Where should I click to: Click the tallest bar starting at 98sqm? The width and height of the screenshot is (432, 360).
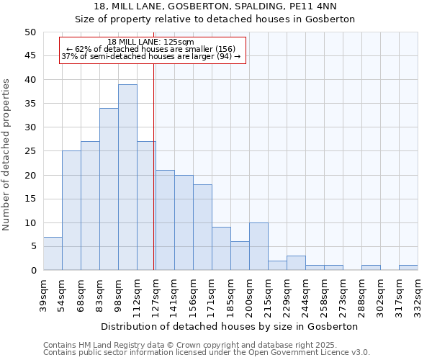pyautogui.click(x=127, y=177)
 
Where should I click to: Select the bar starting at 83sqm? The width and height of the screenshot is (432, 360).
pyautogui.click(x=109, y=189)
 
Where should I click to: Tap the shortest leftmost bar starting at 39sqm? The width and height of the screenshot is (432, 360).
pyautogui.click(x=53, y=253)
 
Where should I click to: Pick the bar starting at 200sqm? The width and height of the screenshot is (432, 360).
pyautogui.click(x=258, y=246)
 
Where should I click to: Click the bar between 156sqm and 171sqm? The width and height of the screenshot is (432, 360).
pyautogui.click(x=202, y=228)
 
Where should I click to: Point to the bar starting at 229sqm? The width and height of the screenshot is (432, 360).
pyautogui.click(x=296, y=263)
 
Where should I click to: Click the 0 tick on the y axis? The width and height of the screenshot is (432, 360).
pyautogui.click(x=32, y=271)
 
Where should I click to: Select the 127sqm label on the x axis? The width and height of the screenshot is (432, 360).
pyautogui.click(x=156, y=294)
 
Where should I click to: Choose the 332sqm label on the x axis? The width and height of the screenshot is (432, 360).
pyautogui.click(x=418, y=294)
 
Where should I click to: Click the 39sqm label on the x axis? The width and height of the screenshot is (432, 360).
pyautogui.click(x=44, y=294)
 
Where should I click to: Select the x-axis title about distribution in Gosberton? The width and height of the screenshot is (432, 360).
pyautogui.click(x=230, y=326)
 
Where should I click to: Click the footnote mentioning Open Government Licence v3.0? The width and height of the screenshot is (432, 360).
pyautogui.click(x=207, y=352)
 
